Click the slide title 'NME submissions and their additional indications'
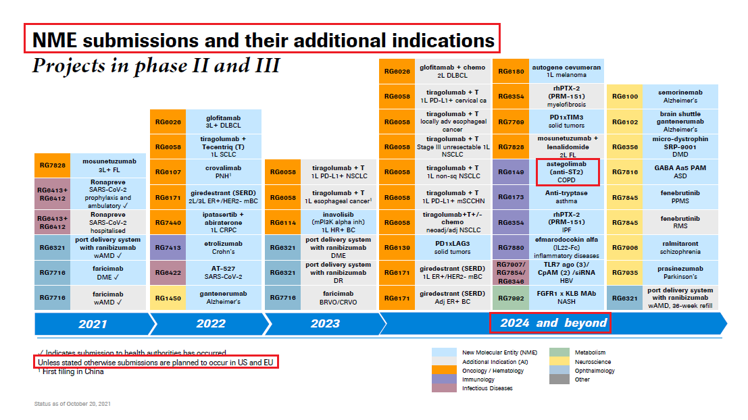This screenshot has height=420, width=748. click(263, 40)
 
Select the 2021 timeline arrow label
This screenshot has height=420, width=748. click(93, 324)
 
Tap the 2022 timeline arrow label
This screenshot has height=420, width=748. click(211, 323)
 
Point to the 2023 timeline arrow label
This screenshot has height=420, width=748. click(325, 323)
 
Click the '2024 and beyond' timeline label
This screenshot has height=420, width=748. click(553, 323)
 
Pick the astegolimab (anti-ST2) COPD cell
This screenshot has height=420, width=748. click(566, 172)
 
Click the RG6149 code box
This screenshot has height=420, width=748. click(511, 172)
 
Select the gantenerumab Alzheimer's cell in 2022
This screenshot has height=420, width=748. click(223, 298)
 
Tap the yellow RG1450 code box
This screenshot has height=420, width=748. click(168, 298)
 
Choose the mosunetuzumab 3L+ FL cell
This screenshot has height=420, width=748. click(109, 165)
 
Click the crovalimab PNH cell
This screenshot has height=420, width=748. click(223, 172)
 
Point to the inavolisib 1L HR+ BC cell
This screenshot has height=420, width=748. click(339, 222)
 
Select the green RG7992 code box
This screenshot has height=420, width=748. click(511, 298)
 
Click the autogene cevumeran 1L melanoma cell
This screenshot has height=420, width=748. click(566, 71)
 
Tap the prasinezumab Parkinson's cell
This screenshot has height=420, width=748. click(680, 272)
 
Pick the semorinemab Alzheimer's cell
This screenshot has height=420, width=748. click(680, 97)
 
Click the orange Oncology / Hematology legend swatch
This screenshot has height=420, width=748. click(443, 371)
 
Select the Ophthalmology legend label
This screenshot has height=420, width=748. click(595, 371)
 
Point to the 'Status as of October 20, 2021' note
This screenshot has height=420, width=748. click(72, 404)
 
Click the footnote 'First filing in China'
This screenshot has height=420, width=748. click(72, 372)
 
